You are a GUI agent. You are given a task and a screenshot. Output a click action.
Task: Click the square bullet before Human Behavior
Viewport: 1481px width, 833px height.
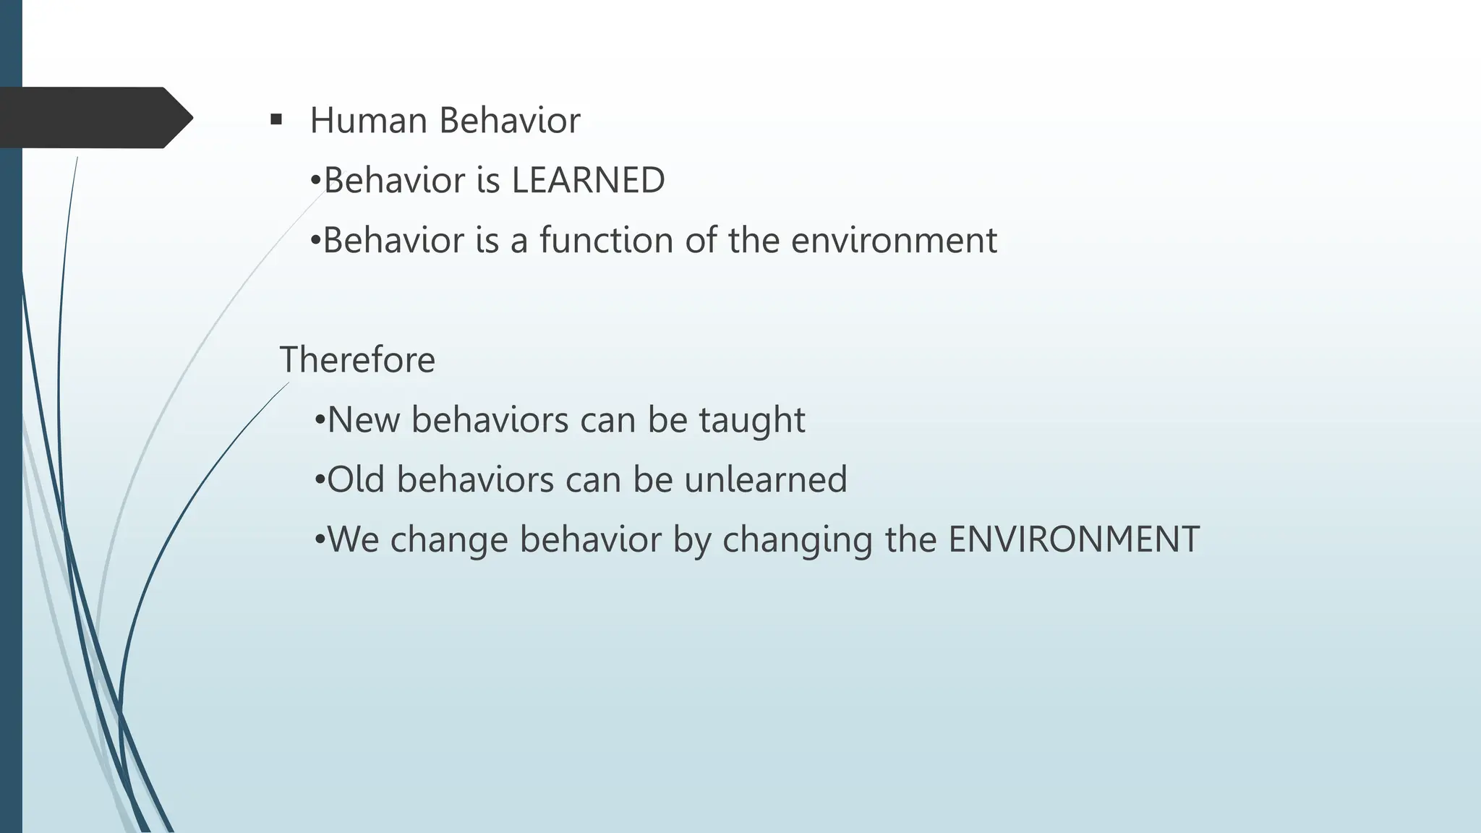[x=276, y=119]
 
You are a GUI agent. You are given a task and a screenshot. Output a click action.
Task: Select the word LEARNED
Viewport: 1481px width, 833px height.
[x=588, y=180]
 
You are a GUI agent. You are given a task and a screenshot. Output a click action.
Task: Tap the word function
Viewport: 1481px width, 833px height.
[x=606, y=240]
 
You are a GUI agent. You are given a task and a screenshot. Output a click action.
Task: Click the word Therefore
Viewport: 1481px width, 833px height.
[x=357, y=359]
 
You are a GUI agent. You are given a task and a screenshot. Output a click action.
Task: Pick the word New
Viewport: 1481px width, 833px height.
[x=364, y=419]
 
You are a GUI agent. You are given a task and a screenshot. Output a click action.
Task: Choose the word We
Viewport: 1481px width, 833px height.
[x=353, y=539]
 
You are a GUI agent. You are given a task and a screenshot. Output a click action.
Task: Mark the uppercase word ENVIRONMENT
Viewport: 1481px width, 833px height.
[x=1074, y=539]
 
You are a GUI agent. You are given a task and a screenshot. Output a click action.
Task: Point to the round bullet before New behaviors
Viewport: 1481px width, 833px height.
[x=320, y=420]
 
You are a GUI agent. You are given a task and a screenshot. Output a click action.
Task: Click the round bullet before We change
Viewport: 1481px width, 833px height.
[x=320, y=540]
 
